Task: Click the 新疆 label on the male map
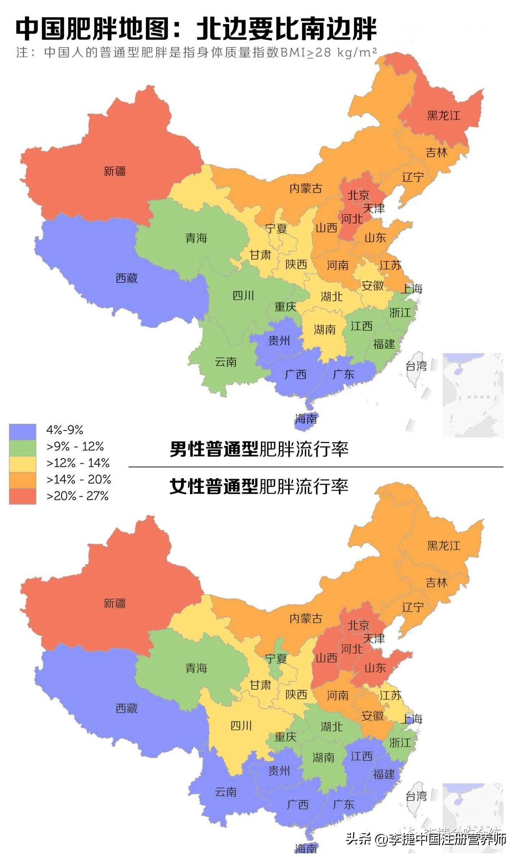coord(115,171)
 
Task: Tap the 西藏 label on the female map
coord(126,708)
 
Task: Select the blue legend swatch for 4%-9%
coord(23,431)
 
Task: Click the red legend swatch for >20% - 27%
coord(23,496)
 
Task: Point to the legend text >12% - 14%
coord(78,463)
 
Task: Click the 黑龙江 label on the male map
coord(444,116)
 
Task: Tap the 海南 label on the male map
coord(306,419)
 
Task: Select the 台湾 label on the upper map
coord(416,366)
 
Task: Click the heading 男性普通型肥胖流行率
coord(259,449)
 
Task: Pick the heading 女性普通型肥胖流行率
coord(259,486)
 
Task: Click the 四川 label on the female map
coord(241,726)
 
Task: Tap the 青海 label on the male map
coord(196,238)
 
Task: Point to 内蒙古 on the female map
coord(306,618)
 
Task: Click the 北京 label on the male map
coord(359,195)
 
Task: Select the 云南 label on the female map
coord(225,792)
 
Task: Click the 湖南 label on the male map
coord(325,330)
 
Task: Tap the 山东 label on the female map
coord(375,668)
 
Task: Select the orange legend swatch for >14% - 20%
coord(23,480)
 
